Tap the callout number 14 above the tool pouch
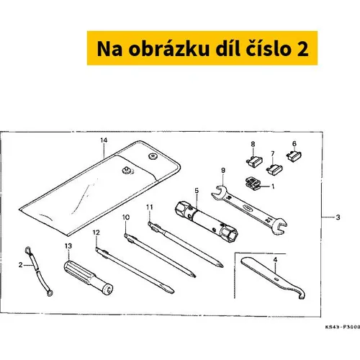click(104, 140)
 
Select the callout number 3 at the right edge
click(338, 217)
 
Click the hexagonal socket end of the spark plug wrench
click(229, 234)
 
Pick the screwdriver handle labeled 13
click(89, 278)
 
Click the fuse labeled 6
click(294, 156)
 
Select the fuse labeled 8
click(254, 161)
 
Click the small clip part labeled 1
click(253, 184)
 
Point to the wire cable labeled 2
click(39, 272)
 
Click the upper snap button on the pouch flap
click(152, 156)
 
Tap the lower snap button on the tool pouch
click(127, 170)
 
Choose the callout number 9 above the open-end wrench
click(223, 171)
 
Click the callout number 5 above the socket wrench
click(197, 191)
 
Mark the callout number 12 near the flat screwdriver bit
click(96, 233)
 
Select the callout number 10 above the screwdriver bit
click(126, 217)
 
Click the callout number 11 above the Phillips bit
click(150, 207)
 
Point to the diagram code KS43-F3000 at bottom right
click(343, 327)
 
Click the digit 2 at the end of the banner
click(302, 49)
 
